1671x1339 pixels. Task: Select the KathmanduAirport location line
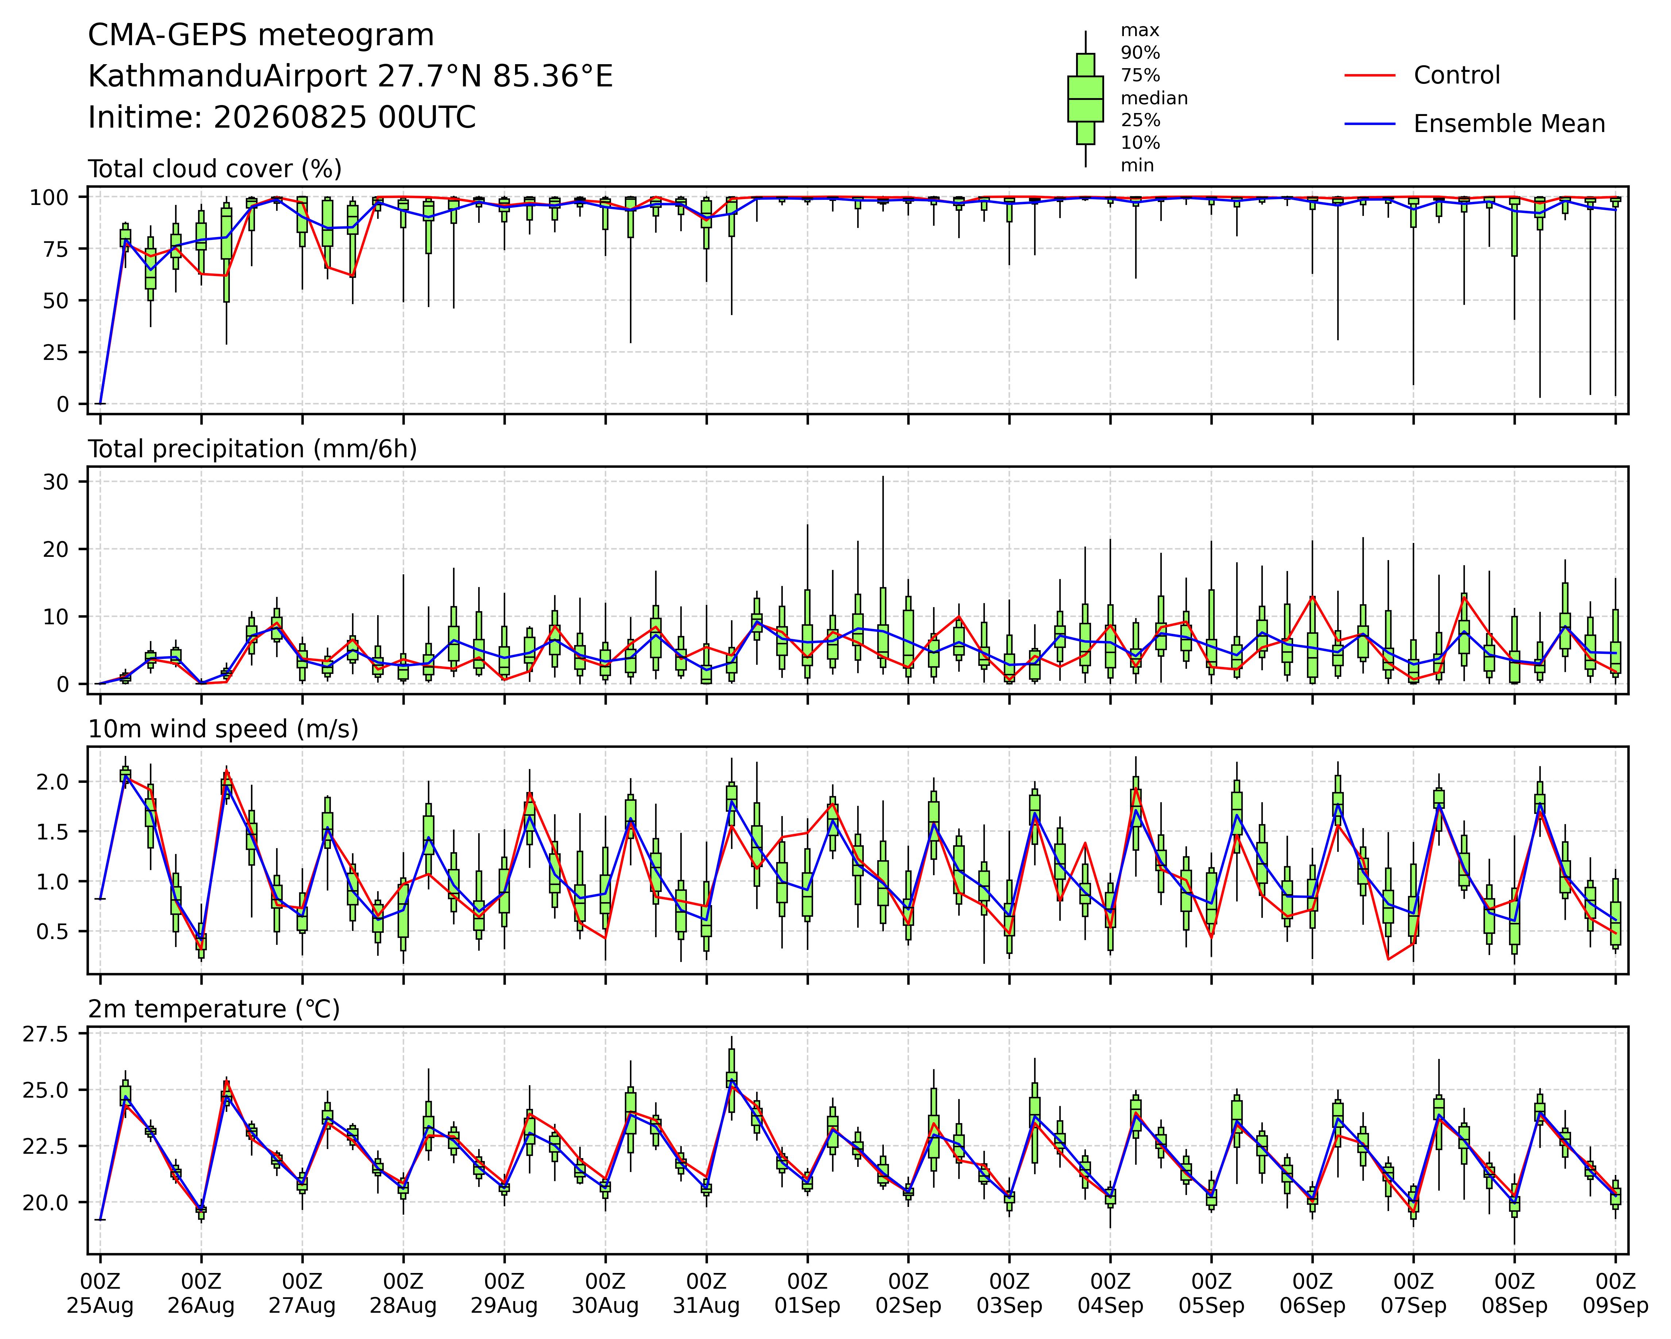pyautogui.click(x=350, y=77)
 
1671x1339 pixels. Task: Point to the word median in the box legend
pyautogui.click(x=1154, y=98)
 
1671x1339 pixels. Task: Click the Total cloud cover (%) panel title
pyautogui.click(x=215, y=169)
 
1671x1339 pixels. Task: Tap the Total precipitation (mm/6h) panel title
pyautogui.click(x=253, y=449)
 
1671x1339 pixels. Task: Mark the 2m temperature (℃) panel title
pyautogui.click(x=214, y=1010)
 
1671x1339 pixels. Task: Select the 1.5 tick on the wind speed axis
pyautogui.click(x=51, y=831)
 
